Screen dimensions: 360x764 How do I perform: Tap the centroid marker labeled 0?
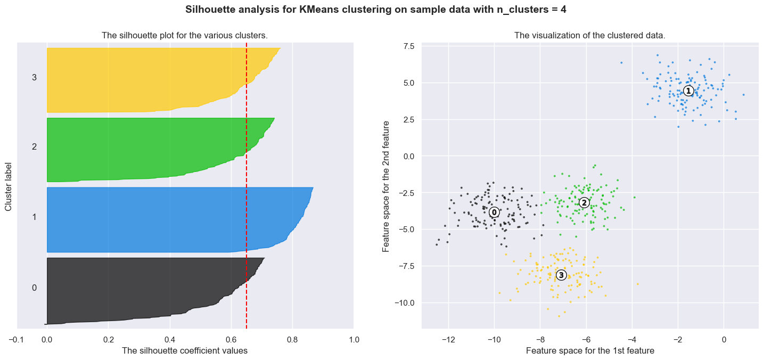point(494,212)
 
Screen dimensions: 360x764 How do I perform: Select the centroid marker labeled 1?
point(688,91)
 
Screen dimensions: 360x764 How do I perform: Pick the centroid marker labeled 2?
point(584,203)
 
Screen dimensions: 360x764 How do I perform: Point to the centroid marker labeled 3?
point(561,275)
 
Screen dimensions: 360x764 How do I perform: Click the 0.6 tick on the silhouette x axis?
point(231,339)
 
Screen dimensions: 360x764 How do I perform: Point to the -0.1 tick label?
point(17,339)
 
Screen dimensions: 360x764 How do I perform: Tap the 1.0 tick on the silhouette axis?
point(354,339)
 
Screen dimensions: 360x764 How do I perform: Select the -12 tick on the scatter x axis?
point(448,339)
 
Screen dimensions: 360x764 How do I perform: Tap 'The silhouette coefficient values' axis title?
point(185,350)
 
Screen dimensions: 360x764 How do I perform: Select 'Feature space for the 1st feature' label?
point(589,350)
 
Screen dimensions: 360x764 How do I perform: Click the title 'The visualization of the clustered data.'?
point(589,36)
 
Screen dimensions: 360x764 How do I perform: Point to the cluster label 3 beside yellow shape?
point(34,78)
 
